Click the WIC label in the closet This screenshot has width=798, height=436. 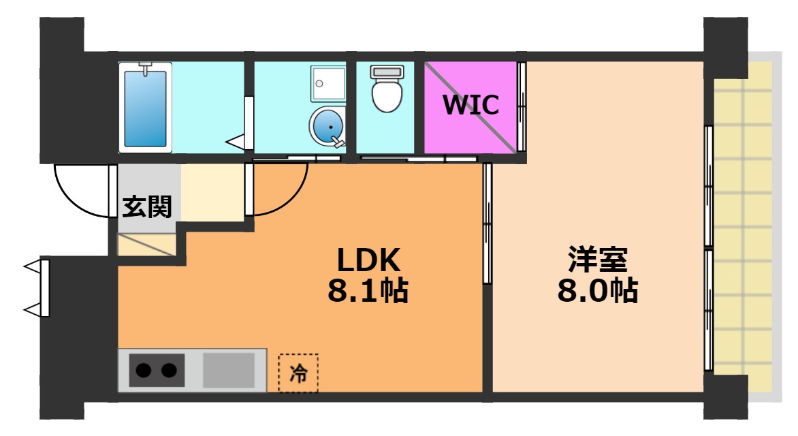(470, 105)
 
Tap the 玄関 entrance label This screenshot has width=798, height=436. (146, 206)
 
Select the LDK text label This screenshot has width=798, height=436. (368, 259)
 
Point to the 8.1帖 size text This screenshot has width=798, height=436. (368, 291)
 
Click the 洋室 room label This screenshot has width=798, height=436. (598, 259)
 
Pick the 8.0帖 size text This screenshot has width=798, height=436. (598, 291)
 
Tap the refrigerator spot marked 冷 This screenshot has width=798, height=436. (298, 373)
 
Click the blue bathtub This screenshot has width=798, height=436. (145, 107)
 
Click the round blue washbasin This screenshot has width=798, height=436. (328, 126)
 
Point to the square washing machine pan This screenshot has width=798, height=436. (328, 82)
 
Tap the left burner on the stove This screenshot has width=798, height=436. (144, 371)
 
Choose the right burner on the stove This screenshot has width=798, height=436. (169, 371)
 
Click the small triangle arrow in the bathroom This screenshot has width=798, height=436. (236, 142)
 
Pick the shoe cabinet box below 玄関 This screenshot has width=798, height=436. (146, 245)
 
